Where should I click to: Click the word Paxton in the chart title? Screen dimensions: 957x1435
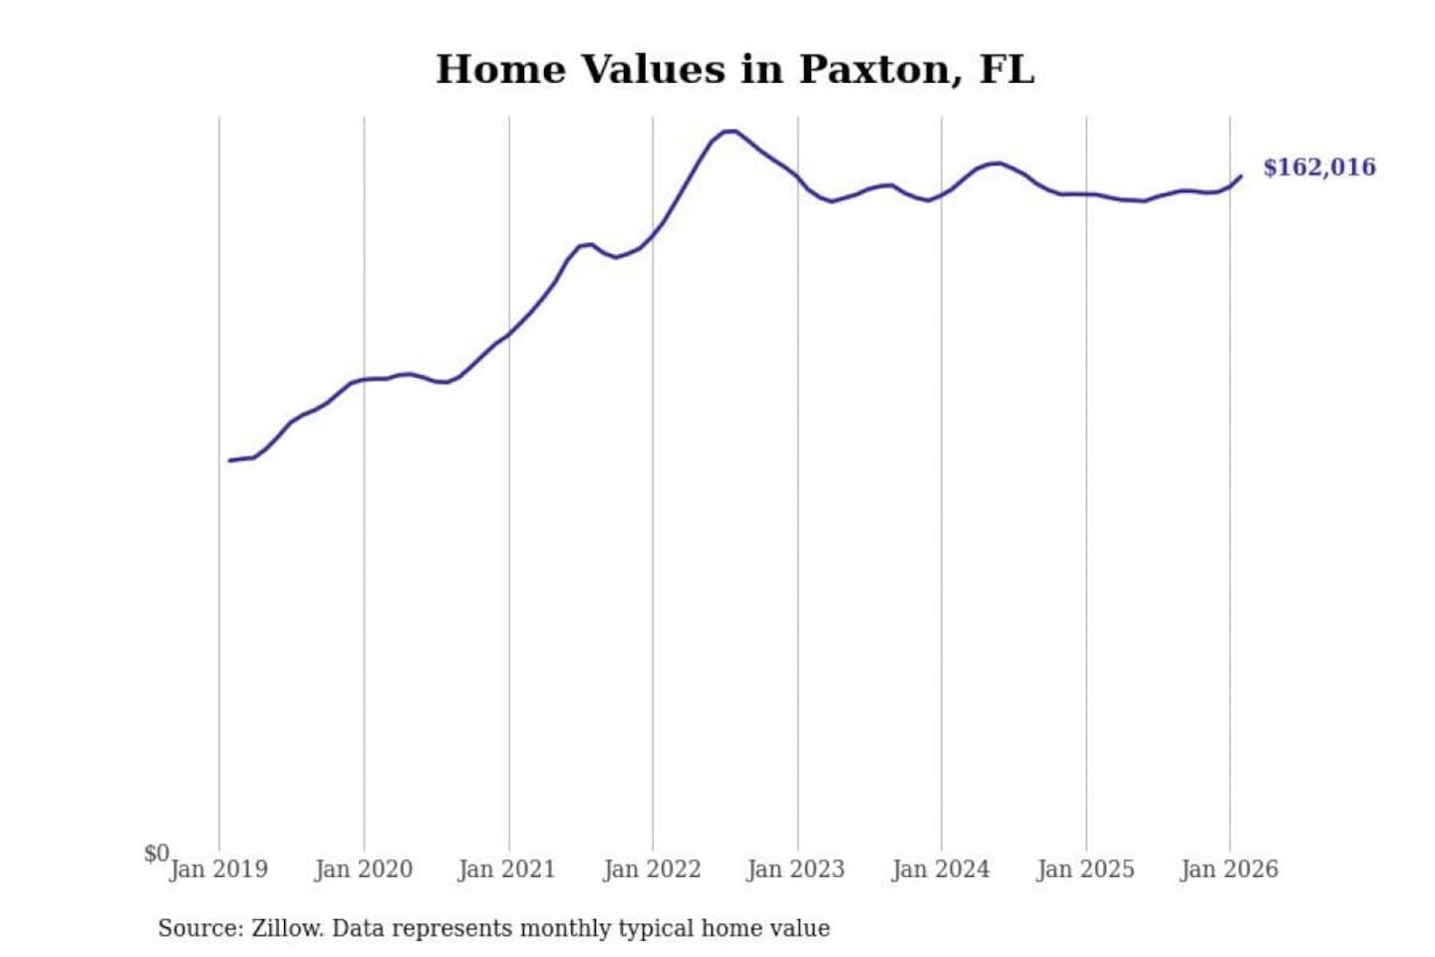(x=876, y=70)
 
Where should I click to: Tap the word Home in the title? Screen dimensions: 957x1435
(x=500, y=70)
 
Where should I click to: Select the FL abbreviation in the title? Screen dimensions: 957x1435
(x=1006, y=70)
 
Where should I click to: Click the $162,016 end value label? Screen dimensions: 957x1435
(x=1318, y=167)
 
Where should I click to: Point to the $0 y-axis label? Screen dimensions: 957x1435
(x=156, y=853)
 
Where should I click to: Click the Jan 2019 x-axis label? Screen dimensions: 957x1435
(x=218, y=869)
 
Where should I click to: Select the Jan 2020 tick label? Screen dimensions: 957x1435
(x=363, y=869)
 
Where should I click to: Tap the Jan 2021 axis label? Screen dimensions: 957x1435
(x=506, y=869)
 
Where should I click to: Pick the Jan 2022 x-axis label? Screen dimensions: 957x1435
(x=652, y=869)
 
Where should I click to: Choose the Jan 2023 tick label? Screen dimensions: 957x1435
(x=795, y=869)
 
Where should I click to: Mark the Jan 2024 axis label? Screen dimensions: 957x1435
(x=940, y=869)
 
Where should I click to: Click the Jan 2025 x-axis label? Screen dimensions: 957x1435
(x=1085, y=869)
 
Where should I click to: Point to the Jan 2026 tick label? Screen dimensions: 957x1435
(x=1229, y=869)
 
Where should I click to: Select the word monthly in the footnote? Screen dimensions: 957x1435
(x=565, y=928)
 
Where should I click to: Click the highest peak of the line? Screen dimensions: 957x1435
(x=730, y=131)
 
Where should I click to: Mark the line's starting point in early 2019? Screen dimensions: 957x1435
(x=230, y=461)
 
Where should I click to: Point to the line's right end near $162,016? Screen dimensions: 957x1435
(x=1241, y=176)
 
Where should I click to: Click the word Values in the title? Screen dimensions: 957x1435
(x=653, y=70)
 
